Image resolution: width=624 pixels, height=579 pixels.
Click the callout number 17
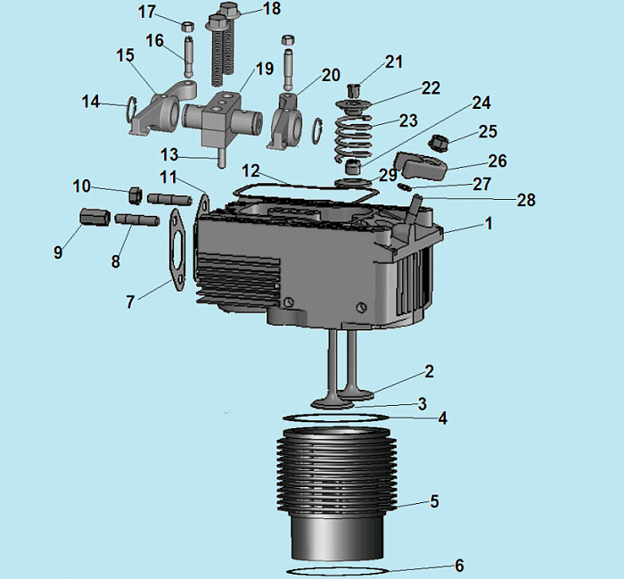point(146,12)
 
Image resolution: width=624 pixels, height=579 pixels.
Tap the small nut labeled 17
point(187,27)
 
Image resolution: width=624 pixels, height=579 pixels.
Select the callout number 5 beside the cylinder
point(434,501)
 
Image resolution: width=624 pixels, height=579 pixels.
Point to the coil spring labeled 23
point(353,136)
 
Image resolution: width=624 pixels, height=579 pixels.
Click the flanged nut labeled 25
point(439,142)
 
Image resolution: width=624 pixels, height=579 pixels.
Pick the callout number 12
point(250,171)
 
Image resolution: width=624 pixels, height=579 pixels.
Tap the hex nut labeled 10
point(135,195)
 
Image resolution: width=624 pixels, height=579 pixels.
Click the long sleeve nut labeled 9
point(94,217)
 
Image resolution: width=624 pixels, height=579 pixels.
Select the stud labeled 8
point(137,219)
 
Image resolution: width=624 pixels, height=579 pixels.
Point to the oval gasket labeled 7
point(177,250)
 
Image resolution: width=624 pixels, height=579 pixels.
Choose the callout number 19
point(265,69)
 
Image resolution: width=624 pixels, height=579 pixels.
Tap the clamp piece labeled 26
point(421,166)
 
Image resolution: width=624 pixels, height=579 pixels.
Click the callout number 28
point(526,200)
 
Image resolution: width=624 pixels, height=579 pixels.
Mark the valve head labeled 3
point(333,404)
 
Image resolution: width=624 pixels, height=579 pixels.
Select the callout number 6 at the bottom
point(459,566)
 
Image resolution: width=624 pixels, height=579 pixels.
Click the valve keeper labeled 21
point(353,90)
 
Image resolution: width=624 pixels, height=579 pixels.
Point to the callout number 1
point(489,223)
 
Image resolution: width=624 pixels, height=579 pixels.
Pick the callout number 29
point(388,175)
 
